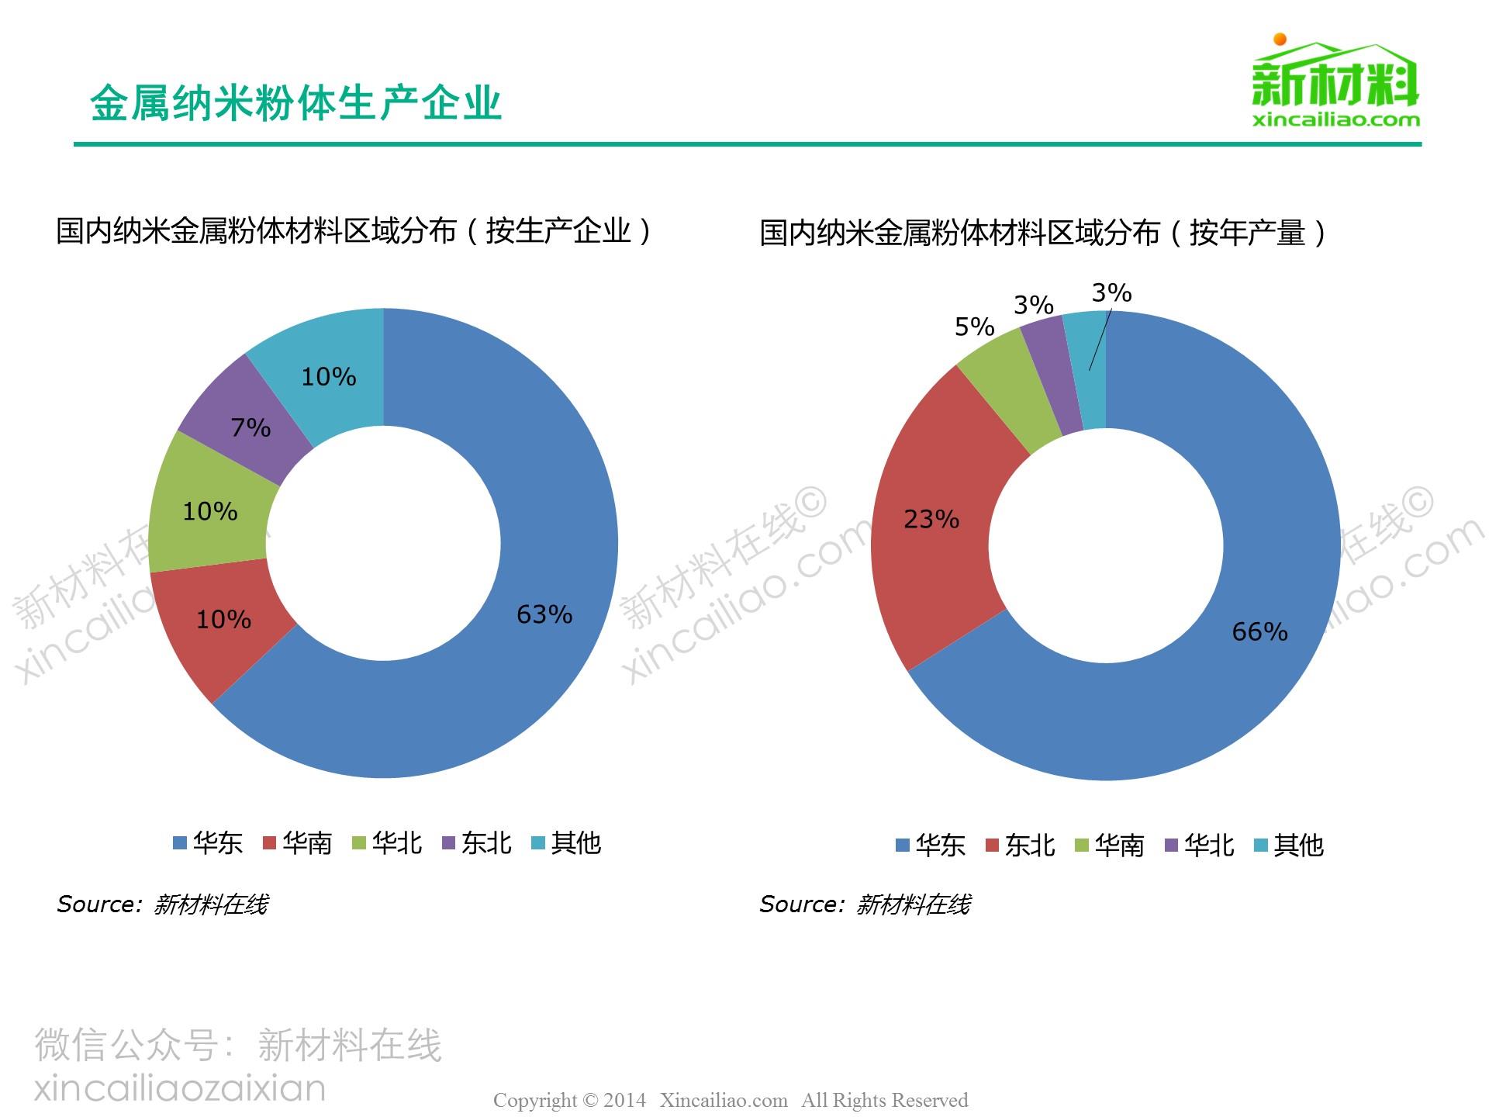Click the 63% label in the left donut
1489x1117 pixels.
pyautogui.click(x=544, y=614)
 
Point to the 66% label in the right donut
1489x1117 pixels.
pyautogui.click(x=1259, y=631)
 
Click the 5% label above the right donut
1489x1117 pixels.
pyautogui.click(x=974, y=327)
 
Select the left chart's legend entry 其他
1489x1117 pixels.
pyautogui.click(x=567, y=843)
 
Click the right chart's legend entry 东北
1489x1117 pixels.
pyautogui.click(x=1021, y=845)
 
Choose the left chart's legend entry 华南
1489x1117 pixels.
pyautogui.click(x=299, y=843)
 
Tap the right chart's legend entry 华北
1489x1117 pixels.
pyautogui.click(x=1200, y=845)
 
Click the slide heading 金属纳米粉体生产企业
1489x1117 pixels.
pyautogui.click(x=295, y=103)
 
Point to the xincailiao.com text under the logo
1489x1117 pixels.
pyautogui.click(x=1335, y=120)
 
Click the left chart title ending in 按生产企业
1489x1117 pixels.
pyautogui.click(x=354, y=231)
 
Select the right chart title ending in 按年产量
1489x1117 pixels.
pyautogui.click(x=1044, y=233)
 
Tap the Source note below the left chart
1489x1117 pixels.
pyautogui.click(x=163, y=904)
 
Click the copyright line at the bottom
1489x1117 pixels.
pyautogui.click(x=731, y=1100)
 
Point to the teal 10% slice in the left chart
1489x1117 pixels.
pyautogui.click(x=326, y=372)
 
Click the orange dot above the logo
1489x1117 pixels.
pyautogui.click(x=1280, y=39)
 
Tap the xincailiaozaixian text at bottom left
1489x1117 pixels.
pyautogui.click(x=180, y=1088)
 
